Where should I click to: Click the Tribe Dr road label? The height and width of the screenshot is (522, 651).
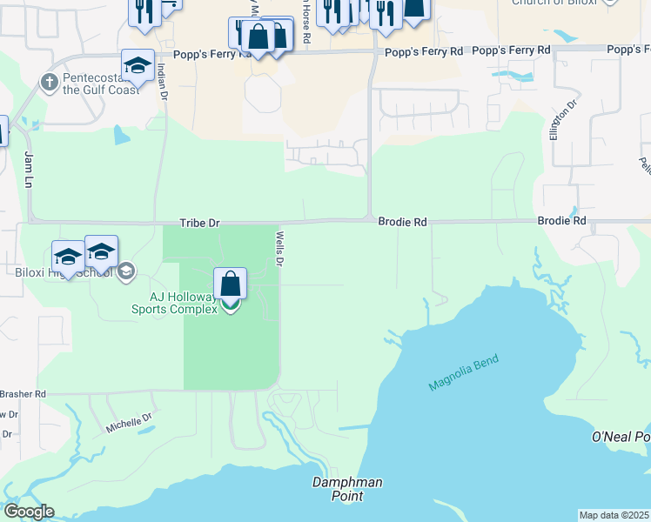click(199, 224)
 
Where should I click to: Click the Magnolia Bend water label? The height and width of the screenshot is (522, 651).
click(466, 373)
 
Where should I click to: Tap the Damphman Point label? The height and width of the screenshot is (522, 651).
click(347, 489)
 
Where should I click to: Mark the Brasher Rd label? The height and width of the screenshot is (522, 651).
click(23, 394)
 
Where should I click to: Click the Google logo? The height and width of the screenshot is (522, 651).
click(29, 512)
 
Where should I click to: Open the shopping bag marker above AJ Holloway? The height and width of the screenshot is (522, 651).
click(230, 284)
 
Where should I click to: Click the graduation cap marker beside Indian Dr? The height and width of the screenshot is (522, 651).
click(138, 65)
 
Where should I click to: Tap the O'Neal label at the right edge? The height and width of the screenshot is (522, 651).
click(621, 436)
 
